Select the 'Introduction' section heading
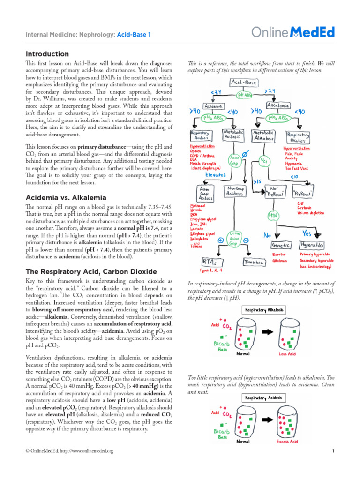click(x=47, y=54)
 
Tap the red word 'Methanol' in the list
click(x=197, y=206)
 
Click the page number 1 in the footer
click(x=332, y=451)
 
